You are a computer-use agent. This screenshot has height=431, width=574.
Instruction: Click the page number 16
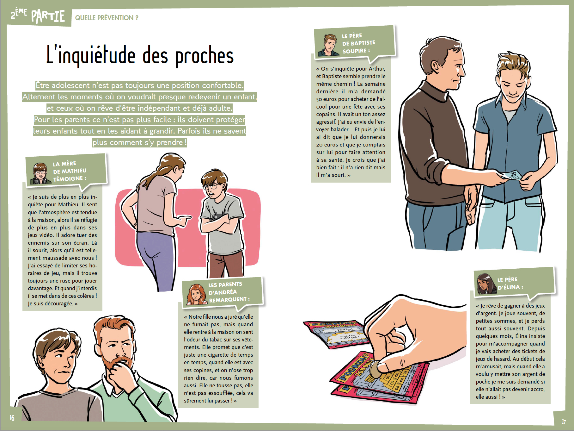(x=12, y=418)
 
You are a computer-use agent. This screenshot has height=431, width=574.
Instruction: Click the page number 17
(x=564, y=421)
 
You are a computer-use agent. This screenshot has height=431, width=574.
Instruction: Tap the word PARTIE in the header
(x=48, y=16)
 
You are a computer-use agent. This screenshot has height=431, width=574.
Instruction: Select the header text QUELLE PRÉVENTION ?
(x=107, y=18)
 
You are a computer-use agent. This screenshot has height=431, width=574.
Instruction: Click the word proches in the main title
(x=205, y=56)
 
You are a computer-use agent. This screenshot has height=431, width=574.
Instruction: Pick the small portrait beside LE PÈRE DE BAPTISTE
(x=329, y=45)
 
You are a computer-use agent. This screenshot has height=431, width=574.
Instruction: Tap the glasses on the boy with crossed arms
(x=211, y=186)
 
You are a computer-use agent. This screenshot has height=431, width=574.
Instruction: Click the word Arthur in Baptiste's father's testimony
(x=377, y=69)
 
